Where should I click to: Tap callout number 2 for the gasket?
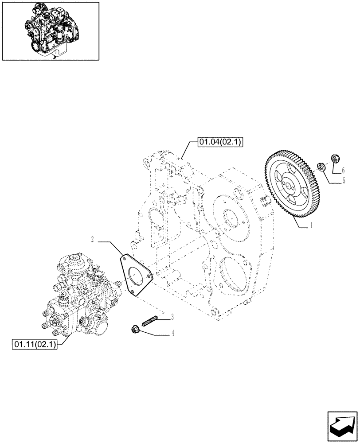point(92,240)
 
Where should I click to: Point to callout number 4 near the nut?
point(172,334)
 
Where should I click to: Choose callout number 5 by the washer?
point(343,181)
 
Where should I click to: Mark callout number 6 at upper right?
point(343,170)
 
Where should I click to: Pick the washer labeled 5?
point(321,167)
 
